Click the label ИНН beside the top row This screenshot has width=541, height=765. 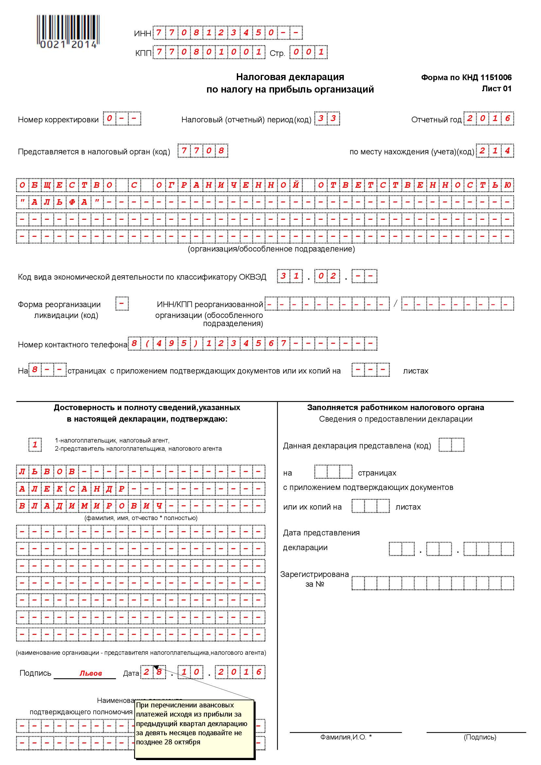coord(142,34)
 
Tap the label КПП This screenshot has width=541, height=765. coord(143,53)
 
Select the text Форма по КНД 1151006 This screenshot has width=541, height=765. coord(466,78)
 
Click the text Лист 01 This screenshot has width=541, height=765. coord(497,89)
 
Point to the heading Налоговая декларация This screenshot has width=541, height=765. coord(290,77)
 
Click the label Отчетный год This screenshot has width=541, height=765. coord(436,120)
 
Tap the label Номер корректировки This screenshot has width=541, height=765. coord(58,120)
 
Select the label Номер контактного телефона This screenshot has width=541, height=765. coord(73,344)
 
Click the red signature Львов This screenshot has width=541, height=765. coord(91,673)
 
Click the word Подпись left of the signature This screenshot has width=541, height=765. coord(35,673)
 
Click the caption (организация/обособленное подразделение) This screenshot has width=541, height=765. coord(271,249)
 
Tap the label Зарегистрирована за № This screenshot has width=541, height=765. coord(314,579)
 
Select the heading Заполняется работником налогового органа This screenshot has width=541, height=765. coord(395,408)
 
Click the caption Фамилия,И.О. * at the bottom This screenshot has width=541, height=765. coord(346,737)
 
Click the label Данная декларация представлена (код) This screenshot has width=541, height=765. coord(357,446)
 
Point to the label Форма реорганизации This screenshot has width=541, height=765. coord(59,304)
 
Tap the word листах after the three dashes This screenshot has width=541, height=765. coord(415,371)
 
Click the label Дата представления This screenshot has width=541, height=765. coord(321,533)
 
